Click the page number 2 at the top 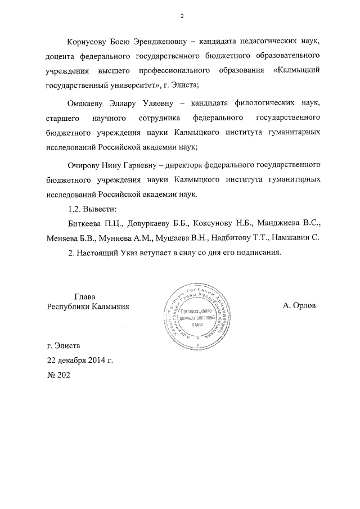[x=182, y=15]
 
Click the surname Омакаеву [x=88, y=103]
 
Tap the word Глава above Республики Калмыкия [x=85, y=296]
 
